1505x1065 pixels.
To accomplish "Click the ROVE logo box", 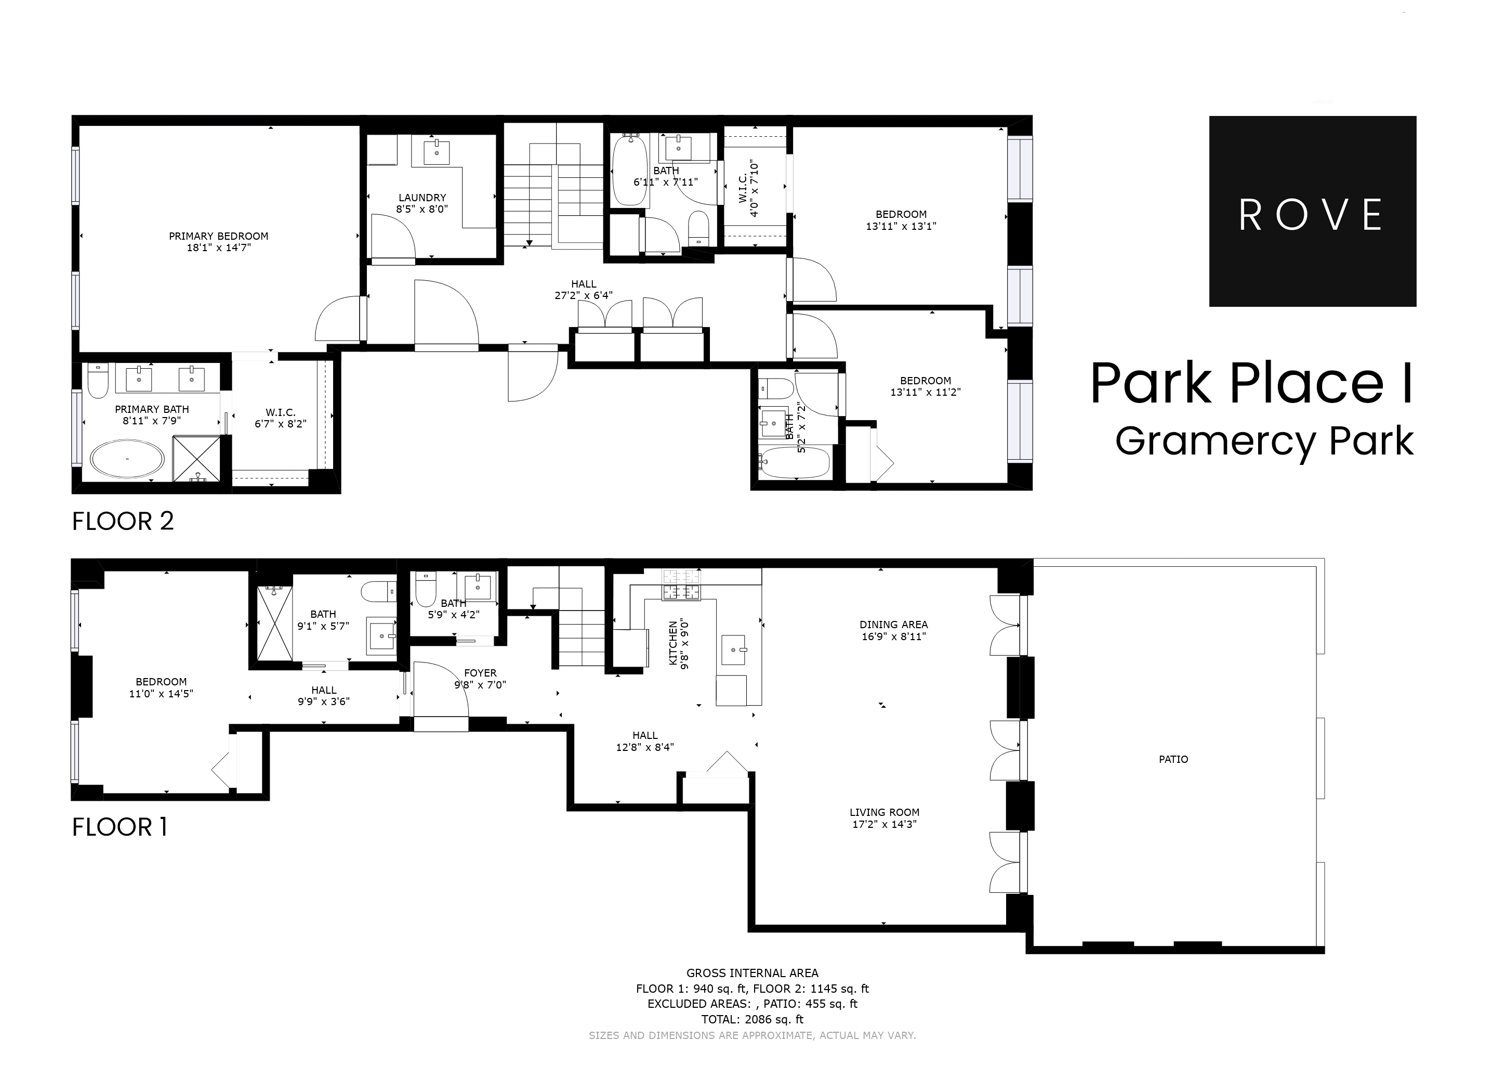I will [x=1312, y=211].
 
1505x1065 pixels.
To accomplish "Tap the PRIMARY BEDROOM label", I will [x=218, y=236].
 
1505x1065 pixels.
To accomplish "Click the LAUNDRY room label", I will [x=421, y=198].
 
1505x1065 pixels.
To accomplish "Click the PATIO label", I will [x=1173, y=759].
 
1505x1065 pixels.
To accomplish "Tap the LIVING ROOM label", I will [x=884, y=812].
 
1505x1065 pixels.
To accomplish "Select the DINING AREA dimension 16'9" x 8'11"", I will [x=893, y=636].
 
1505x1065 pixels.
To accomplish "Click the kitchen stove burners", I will [x=681, y=585].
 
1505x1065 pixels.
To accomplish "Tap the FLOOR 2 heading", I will [x=123, y=522].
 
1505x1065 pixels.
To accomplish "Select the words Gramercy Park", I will [x=1264, y=441].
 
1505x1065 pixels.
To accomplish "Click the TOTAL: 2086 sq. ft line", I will [x=752, y=1019].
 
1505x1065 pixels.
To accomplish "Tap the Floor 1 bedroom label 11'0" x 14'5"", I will [x=161, y=694].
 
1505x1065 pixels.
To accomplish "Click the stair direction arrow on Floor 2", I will [x=529, y=243].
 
